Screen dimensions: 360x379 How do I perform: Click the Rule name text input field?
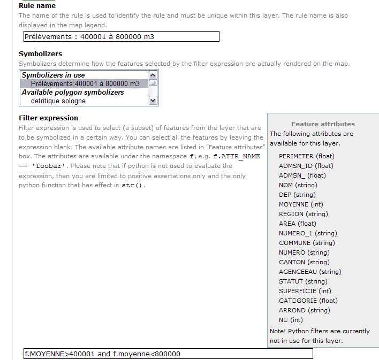tap(121, 36)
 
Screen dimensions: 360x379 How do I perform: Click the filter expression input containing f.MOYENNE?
tap(168, 354)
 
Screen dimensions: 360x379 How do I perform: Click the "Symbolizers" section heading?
tap(40, 53)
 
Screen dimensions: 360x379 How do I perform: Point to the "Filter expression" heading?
tap(48, 118)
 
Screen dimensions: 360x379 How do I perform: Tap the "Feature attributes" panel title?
tap(323, 124)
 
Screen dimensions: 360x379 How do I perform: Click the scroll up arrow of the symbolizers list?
tap(153, 75)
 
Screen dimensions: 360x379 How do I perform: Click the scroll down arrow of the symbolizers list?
tap(153, 100)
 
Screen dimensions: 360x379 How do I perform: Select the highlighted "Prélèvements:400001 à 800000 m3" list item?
tap(85, 83)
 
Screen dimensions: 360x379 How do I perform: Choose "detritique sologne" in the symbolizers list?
tap(58, 101)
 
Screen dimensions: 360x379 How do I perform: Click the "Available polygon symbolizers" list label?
tap(73, 92)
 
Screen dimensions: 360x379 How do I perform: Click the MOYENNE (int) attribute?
tap(301, 204)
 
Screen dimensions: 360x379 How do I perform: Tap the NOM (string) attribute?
tap(298, 185)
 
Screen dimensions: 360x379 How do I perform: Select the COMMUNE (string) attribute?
tap(306, 243)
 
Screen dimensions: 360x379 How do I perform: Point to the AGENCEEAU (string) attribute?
tap(310, 272)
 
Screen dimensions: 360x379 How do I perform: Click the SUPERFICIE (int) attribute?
tap(305, 291)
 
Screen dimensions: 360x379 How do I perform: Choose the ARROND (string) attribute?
tap(304, 310)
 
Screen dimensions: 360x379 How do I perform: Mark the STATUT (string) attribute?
tap(303, 281)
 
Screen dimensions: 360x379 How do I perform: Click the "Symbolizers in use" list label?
tap(53, 75)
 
